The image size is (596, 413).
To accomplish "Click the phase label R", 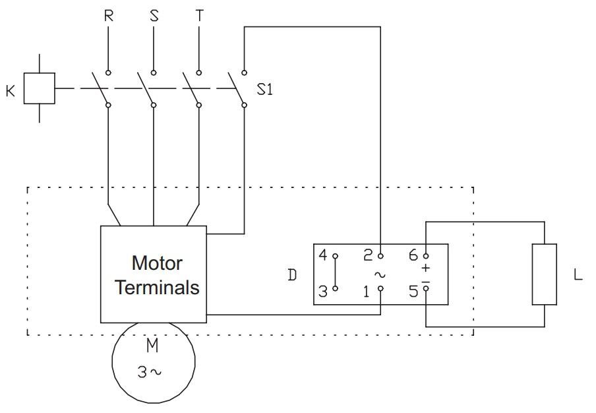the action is pyautogui.click(x=108, y=16).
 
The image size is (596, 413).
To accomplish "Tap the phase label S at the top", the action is pyautogui.click(x=154, y=16).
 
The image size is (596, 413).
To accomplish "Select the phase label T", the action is pyautogui.click(x=200, y=16).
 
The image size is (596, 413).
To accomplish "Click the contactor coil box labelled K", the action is pyautogui.click(x=39, y=88).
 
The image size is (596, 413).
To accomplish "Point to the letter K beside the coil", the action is pyautogui.click(x=11, y=91).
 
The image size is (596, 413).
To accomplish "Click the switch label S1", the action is pyautogui.click(x=265, y=89).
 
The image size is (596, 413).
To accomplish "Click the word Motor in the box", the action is pyautogui.click(x=157, y=263).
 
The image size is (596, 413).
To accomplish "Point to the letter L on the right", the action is pyautogui.click(x=578, y=274).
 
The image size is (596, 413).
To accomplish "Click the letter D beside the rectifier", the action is pyautogui.click(x=292, y=274).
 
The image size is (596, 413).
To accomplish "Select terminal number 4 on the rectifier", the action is pyautogui.click(x=322, y=255).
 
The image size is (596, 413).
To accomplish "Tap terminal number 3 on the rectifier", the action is pyautogui.click(x=322, y=292).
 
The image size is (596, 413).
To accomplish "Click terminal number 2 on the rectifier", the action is pyautogui.click(x=368, y=255).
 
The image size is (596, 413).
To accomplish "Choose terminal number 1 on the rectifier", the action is pyautogui.click(x=366, y=292).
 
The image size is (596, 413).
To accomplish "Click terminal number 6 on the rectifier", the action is pyautogui.click(x=413, y=255).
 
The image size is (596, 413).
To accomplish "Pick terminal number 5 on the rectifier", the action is pyautogui.click(x=413, y=292).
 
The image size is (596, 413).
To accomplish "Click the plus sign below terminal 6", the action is pyautogui.click(x=426, y=268).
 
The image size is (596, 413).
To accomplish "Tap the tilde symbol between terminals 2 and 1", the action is pyautogui.click(x=380, y=274).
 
